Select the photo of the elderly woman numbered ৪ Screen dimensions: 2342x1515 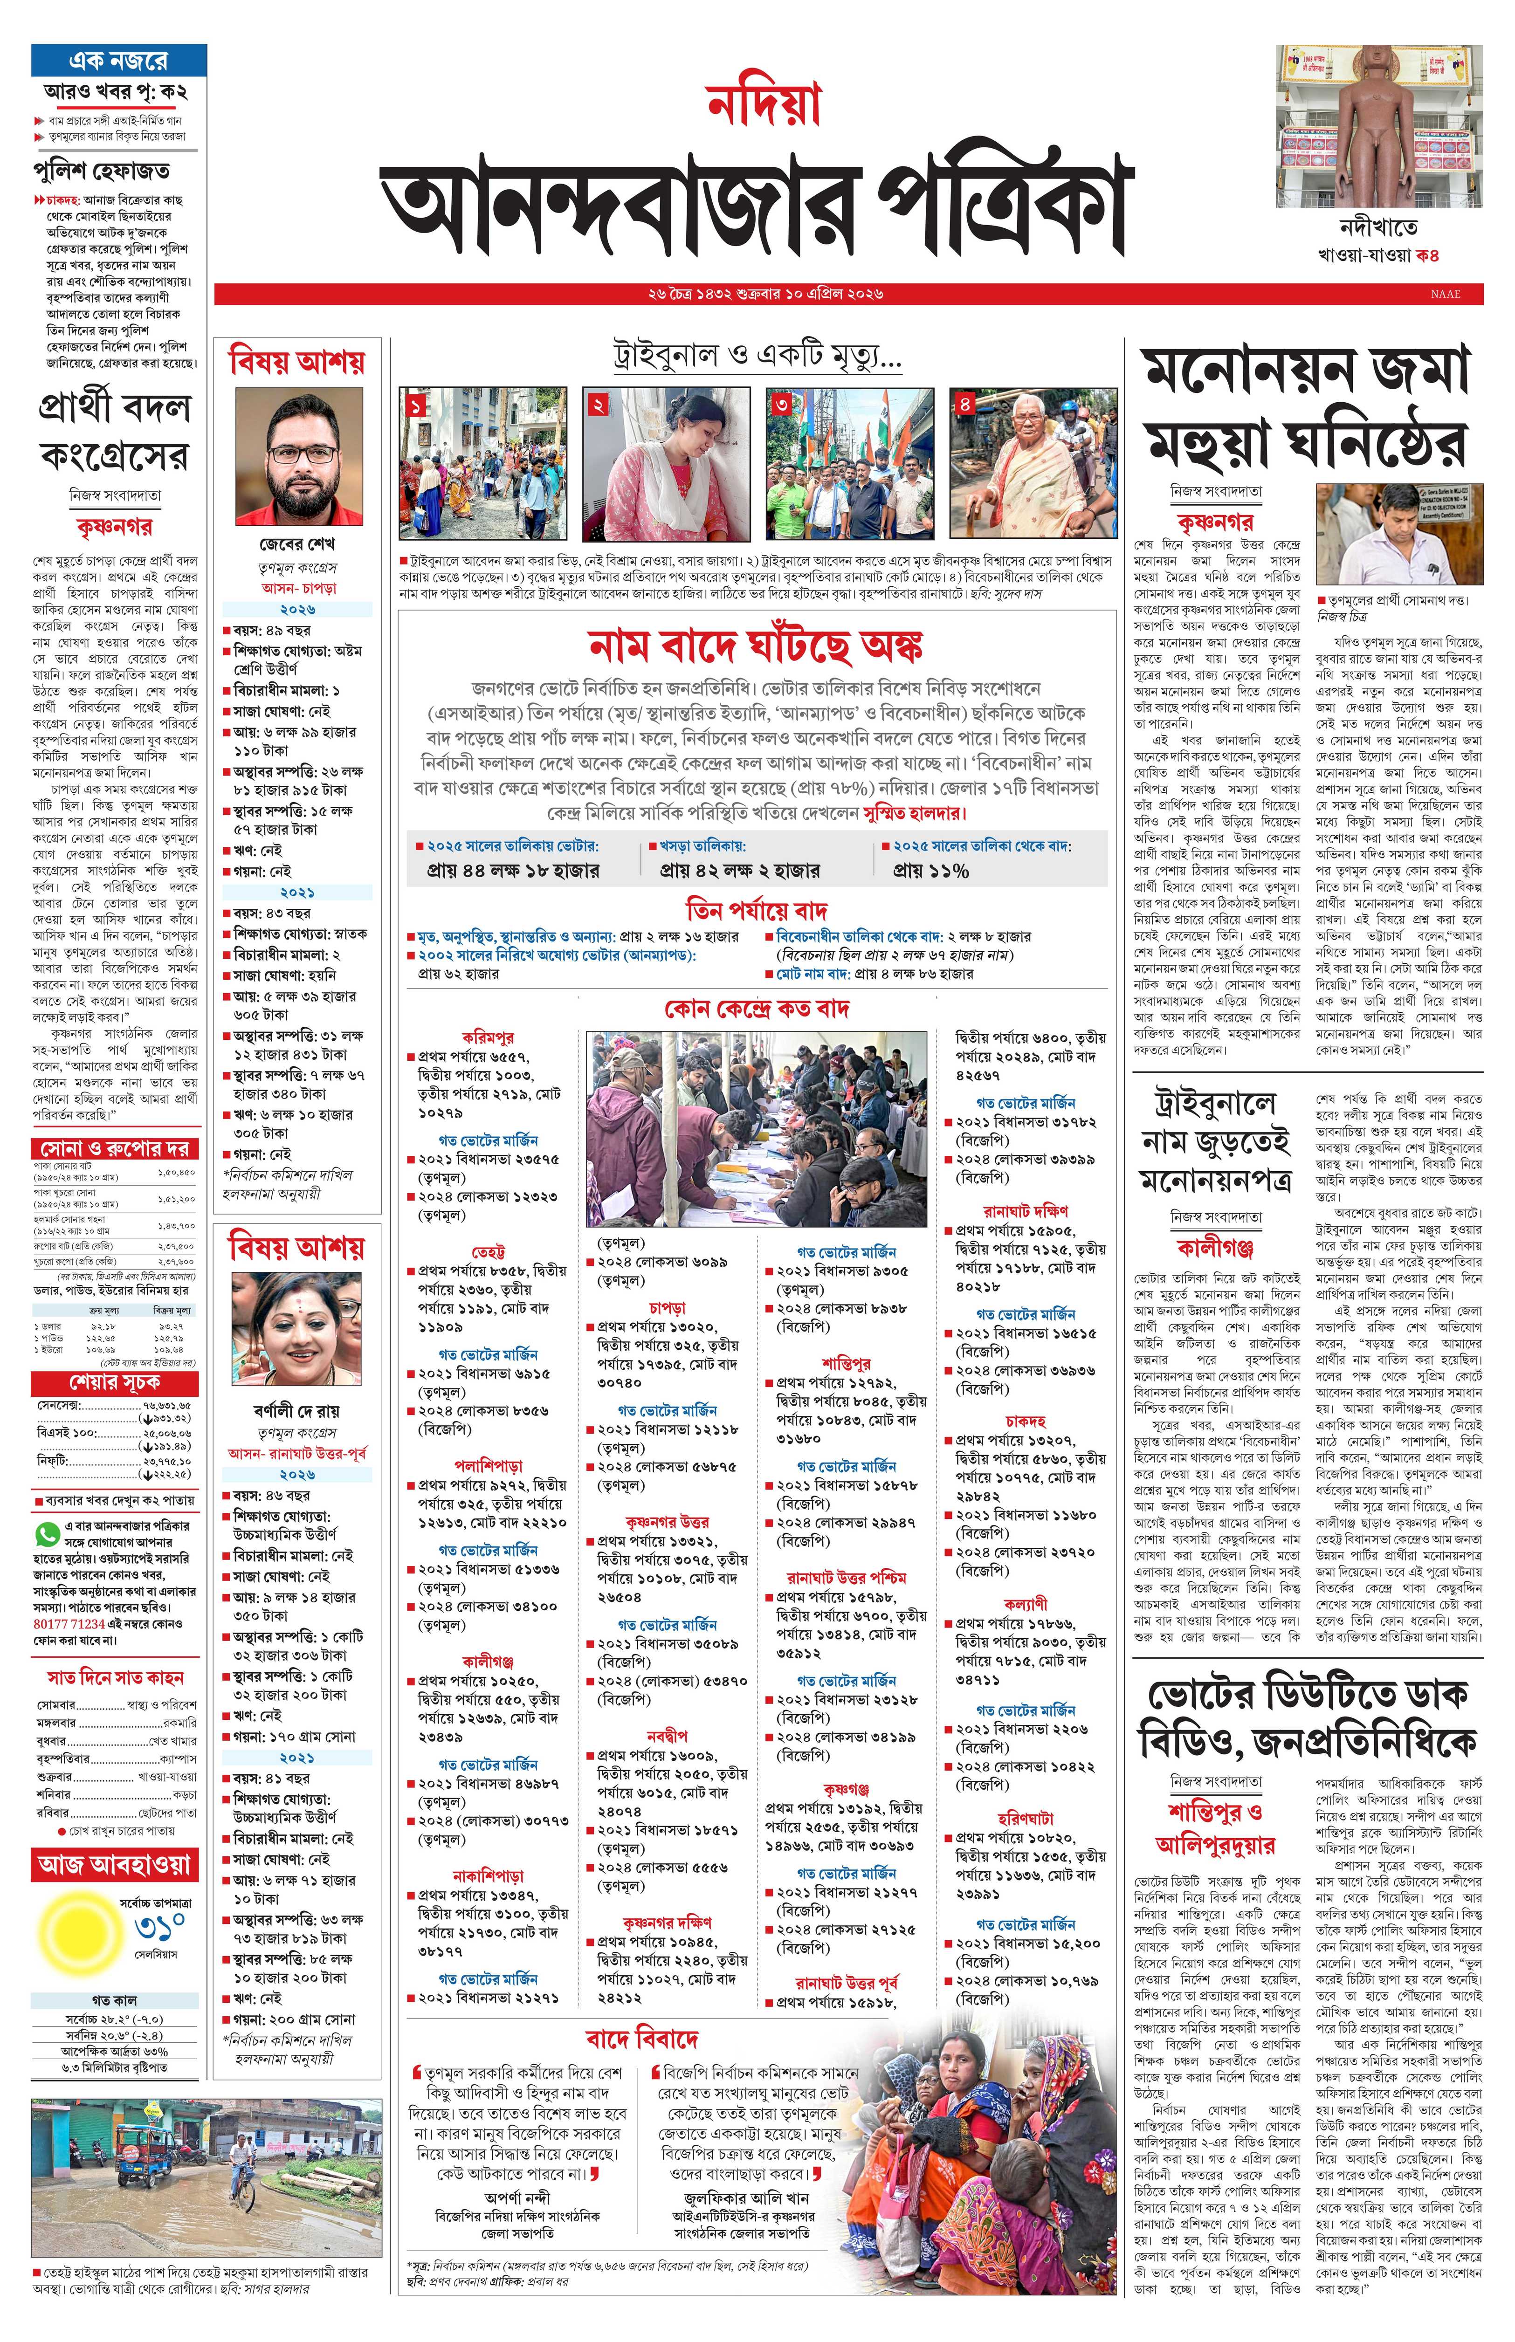click(x=1033, y=463)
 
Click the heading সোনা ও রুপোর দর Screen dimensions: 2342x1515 click(x=114, y=1148)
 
